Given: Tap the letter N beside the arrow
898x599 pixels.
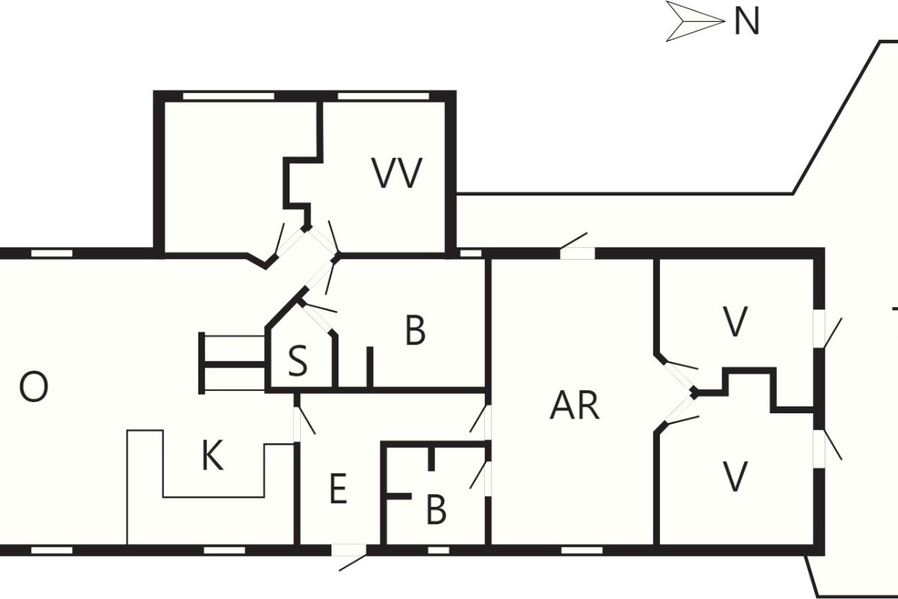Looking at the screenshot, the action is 747,22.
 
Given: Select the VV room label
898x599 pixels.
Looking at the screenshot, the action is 397,173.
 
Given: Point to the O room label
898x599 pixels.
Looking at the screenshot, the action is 34,387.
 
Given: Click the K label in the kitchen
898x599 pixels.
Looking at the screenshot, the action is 212,456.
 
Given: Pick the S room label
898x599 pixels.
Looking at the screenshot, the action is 298,362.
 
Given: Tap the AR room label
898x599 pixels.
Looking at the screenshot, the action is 575,405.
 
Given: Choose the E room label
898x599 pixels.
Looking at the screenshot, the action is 338,489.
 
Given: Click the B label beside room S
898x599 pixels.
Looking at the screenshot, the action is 415,330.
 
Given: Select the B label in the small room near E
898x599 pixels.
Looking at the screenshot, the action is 436,510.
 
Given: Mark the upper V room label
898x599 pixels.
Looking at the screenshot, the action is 734,321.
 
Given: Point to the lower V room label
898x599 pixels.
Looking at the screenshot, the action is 734,476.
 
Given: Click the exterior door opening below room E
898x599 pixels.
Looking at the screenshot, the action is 349,550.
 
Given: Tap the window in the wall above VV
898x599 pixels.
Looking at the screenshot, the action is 383,97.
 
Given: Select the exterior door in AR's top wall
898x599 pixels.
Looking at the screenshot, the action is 577,253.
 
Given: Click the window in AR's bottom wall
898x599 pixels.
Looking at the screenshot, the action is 581,550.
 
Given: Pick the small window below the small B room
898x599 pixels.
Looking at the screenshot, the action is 439,550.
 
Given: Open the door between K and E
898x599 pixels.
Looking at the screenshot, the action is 297,425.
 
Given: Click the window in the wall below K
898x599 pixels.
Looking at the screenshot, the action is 224,550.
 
